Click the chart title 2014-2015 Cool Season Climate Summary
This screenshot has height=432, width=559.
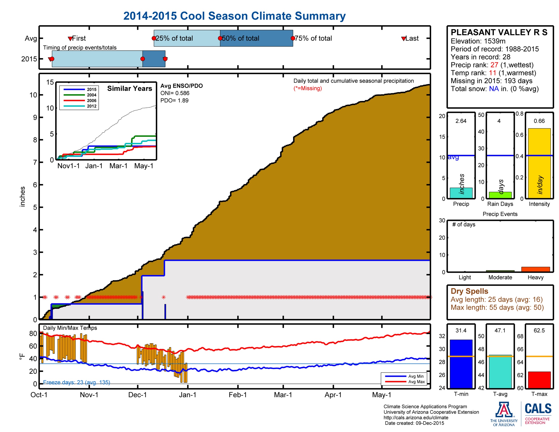234,16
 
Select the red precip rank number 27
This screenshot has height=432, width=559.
494,65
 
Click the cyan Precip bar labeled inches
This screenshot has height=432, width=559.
461,193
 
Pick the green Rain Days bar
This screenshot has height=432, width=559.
500,195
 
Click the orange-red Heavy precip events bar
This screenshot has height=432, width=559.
535,269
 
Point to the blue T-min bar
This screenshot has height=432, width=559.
461,363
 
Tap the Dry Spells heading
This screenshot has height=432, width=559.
469,291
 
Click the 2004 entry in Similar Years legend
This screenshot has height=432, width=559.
91,95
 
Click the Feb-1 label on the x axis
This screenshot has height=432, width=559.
238,395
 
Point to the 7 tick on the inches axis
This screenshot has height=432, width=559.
35,162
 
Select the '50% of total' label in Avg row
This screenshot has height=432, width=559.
240,38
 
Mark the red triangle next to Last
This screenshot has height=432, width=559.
403,39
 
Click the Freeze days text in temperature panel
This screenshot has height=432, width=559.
76,382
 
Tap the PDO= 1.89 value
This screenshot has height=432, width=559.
174,101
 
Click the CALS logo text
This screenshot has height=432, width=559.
538,408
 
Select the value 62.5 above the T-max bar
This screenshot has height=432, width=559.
539,330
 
